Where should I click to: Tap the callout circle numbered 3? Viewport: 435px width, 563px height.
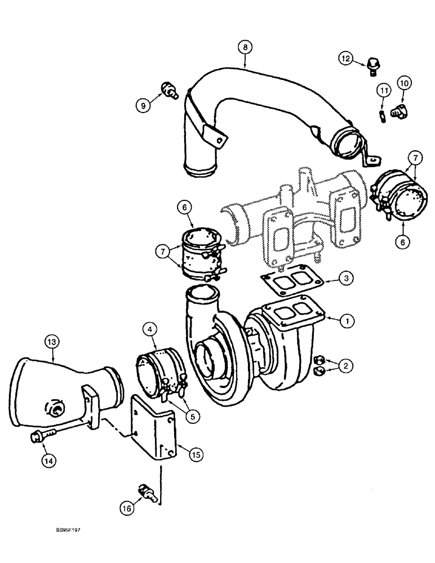pos(347,278)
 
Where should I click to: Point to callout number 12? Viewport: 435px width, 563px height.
pos(346,57)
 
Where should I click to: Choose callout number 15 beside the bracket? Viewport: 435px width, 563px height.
pos(195,453)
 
